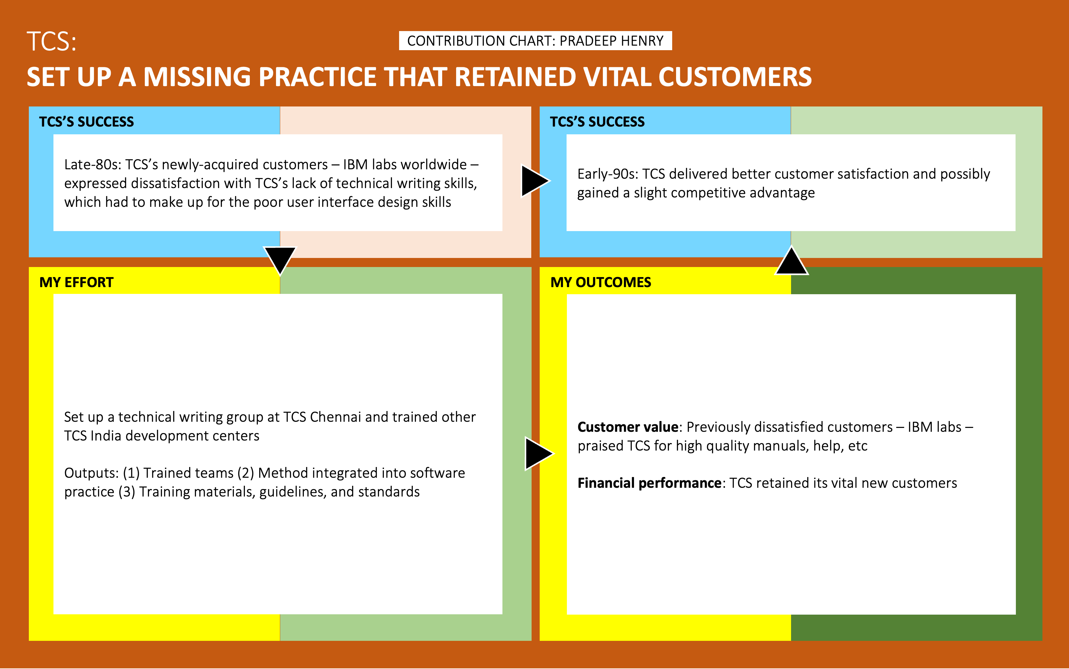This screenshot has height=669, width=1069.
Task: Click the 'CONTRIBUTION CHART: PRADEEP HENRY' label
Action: pos(535,41)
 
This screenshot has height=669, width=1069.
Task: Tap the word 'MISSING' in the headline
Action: pos(197,77)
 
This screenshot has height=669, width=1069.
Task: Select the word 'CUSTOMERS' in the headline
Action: pos(735,77)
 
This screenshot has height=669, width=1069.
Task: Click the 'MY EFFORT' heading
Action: pos(76,282)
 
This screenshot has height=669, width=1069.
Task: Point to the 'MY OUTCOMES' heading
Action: pos(601,282)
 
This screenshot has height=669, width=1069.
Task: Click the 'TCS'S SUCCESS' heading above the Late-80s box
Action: pos(86,122)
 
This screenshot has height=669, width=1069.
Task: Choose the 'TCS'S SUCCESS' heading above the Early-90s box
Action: pos(597,122)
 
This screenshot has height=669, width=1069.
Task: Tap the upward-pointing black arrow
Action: pos(791,262)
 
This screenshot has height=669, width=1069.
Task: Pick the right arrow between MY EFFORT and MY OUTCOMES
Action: pos(538,453)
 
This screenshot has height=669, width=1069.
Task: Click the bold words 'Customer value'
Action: pos(627,427)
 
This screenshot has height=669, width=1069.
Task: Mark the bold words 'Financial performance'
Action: pos(649,483)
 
